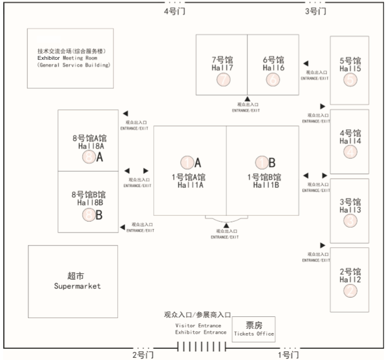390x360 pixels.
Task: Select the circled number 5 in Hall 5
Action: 350,80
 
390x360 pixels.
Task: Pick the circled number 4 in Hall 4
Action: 350,152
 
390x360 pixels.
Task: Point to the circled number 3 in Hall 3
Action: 350,221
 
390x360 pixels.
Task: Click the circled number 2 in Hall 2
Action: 350,291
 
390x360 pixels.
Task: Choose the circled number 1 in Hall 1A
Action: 187,163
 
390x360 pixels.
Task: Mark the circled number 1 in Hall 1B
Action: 262,163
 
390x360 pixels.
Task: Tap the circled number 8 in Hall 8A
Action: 89,157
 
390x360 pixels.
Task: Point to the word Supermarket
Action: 77,286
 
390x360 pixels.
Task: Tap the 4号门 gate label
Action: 174,11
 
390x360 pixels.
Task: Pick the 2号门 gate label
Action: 143,355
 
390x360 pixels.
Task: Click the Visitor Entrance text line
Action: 198,326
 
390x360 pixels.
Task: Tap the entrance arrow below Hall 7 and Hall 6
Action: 247,99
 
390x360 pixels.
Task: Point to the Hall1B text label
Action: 265,185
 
